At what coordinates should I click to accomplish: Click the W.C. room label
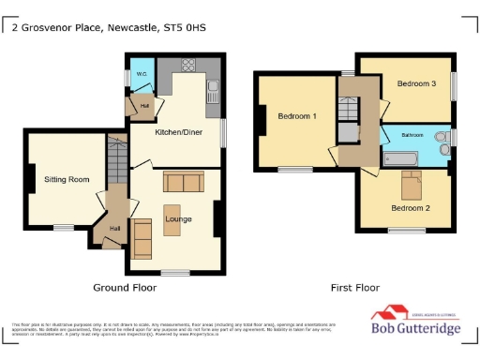point(142,73)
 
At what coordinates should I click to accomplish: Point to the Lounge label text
point(178,219)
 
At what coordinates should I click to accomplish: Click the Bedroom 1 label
point(296,116)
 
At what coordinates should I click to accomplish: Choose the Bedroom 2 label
point(410,208)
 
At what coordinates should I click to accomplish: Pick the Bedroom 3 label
point(416,83)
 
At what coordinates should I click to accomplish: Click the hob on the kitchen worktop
point(187,66)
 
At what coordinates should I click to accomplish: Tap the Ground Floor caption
point(125,287)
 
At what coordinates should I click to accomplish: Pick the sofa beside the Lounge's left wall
point(142,238)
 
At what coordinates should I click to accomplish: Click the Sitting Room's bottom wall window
point(64,227)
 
